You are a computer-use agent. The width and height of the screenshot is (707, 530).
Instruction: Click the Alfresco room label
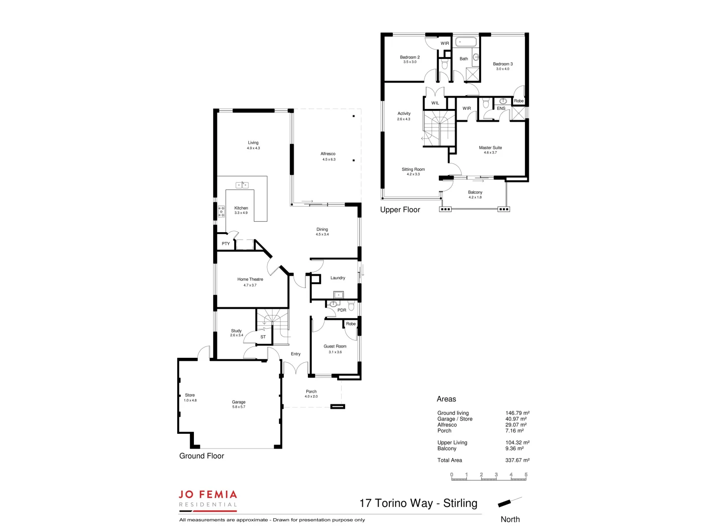(328, 154)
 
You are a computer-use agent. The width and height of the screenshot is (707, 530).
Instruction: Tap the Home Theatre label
(250, 279)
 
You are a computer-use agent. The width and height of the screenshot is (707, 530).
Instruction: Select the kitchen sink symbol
(242, 185)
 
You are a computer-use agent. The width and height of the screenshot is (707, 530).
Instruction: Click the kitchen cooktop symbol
(221, 212)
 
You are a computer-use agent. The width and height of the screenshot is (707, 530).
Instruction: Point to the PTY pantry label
(225, 243)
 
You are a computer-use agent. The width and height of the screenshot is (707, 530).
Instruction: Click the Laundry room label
(337, 278)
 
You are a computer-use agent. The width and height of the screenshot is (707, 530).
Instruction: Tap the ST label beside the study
(263, 337)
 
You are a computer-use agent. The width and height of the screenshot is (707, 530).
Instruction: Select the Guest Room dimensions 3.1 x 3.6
(335, 352)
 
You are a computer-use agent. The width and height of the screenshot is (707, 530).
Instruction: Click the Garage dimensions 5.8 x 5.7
(239, 407)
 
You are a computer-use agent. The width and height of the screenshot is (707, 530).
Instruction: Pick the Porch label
(311, 392)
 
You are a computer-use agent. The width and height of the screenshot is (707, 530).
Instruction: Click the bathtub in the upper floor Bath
(464, 42)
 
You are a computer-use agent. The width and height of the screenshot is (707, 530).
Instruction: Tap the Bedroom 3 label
(503, 64)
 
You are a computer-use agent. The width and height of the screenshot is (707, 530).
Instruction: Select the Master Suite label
(490, 147)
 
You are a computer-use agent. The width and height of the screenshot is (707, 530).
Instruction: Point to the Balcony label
(475, 192)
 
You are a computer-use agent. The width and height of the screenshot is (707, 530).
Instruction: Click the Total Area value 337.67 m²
(517, 460)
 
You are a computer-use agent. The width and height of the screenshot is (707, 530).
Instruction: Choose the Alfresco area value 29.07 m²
(516, 425)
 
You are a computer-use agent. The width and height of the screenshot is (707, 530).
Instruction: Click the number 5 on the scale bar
(526, 475)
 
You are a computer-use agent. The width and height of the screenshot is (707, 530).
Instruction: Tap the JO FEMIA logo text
(208, 495)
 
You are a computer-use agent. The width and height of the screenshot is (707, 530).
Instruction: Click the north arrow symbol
(509, 502)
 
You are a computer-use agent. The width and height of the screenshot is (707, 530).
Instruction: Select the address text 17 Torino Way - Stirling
(418, 503)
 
